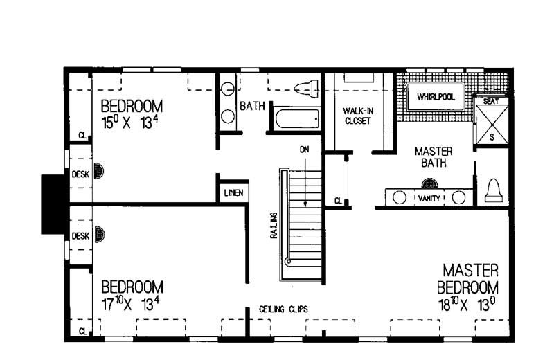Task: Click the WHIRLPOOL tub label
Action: [436, 98]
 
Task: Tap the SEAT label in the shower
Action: [490, 101]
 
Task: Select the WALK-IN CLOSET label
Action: [357, 116]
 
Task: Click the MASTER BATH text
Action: [434, 157]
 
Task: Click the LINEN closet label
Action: [233, 192]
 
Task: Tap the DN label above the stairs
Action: [304, 149]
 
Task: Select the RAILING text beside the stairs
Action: [274, 225]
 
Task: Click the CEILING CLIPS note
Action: [284, 309]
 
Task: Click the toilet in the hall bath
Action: [305, 89]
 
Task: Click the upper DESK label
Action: [80, 174]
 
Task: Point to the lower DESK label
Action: [80, 236]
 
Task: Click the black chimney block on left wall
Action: [53, 204]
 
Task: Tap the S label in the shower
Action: [492, 137]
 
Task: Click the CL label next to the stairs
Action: [337, 201]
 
